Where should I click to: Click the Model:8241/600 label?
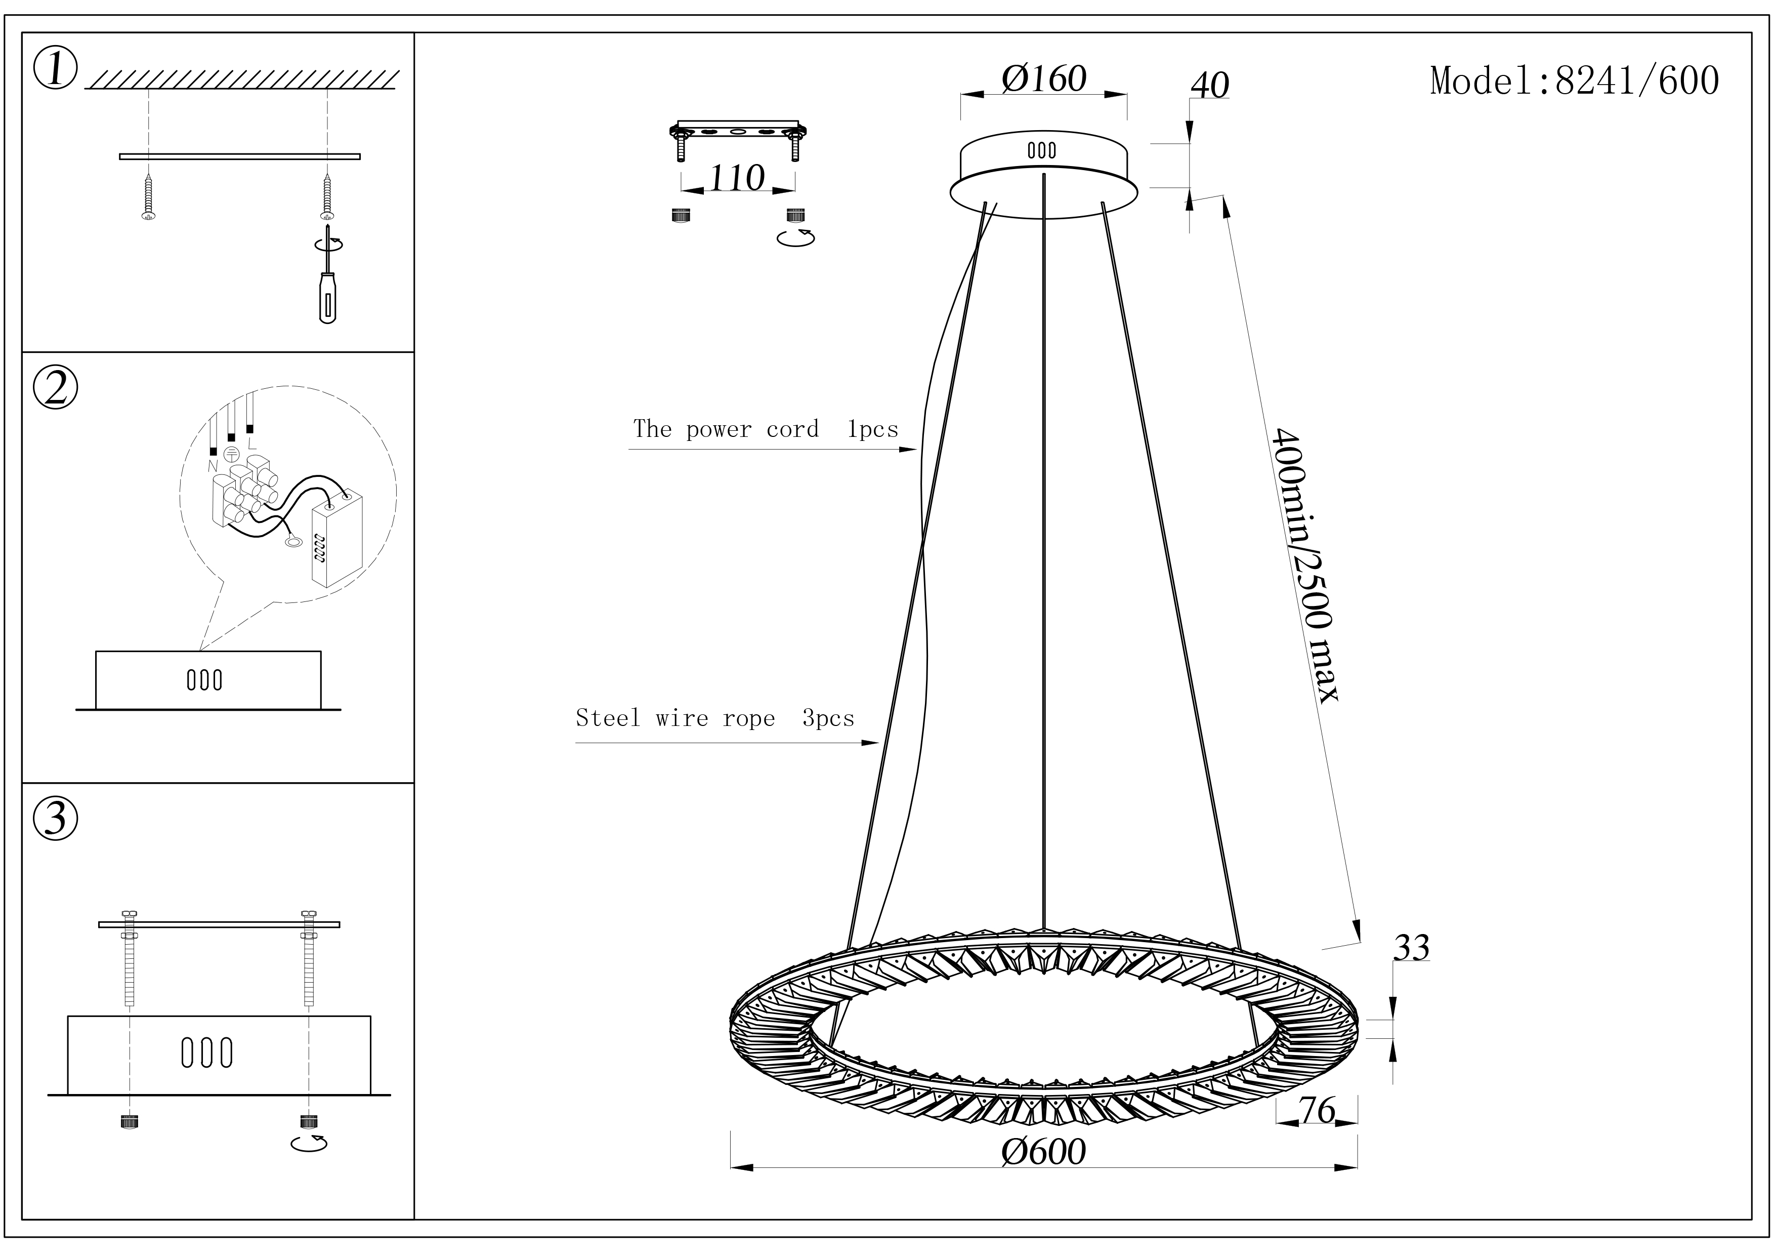click(x=1574, y=81)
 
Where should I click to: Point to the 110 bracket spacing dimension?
click(x=737, y=179)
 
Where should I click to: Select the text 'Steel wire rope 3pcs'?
click(x=715, y=718)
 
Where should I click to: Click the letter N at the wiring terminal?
click(x=213, y=466)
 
